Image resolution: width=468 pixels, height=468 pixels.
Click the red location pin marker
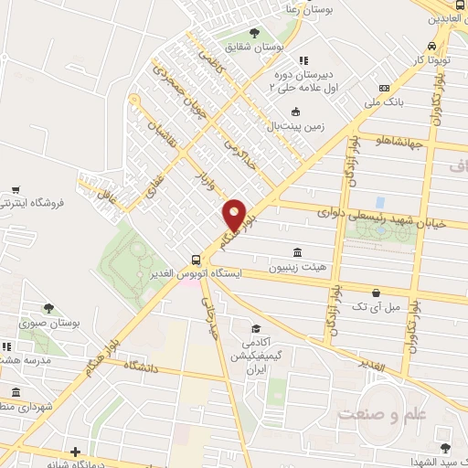click(x=235, y=215)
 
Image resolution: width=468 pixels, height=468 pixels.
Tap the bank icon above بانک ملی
click(x=385, y=89)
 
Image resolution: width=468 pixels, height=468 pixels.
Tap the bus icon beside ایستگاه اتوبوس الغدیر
click(x=195, y=259)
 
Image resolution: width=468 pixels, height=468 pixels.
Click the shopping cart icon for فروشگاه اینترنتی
click(x=16, y=191)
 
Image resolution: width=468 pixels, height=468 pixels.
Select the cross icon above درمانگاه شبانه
click(x=75, y=451)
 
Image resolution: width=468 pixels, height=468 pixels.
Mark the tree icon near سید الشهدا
click(x=445, y=448)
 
